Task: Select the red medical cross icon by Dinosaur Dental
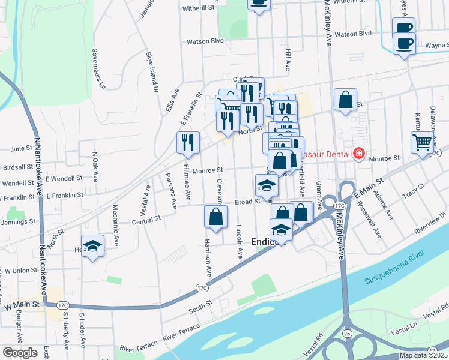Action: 359,154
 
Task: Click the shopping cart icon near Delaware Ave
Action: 423,142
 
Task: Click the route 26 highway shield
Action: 346,332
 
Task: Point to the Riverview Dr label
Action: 430,220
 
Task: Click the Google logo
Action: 20,353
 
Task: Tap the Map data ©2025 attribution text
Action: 423,355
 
